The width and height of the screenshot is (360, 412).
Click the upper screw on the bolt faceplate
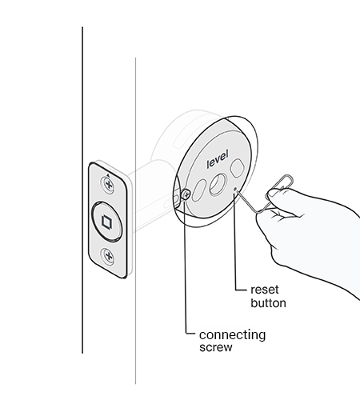point(108,184)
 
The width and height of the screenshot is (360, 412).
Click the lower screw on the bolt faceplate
point(108,256)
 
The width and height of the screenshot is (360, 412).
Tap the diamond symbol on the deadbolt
point(107,222)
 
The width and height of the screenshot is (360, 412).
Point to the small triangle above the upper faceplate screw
point(108,175)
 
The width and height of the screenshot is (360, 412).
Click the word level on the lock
point(218,159)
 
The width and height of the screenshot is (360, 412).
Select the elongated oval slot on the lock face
point(199,190)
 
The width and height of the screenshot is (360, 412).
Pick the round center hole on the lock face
point(218,185)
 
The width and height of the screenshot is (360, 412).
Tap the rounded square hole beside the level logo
point(237,167)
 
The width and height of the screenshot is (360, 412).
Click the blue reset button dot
point(235,189)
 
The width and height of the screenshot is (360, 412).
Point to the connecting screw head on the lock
point(186,195)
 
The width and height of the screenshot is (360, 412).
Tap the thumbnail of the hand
point(274,193)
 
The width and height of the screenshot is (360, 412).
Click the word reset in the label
point(265,290)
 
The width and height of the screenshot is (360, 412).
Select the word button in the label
point(268,303)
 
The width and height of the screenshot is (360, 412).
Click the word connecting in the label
point(232,335)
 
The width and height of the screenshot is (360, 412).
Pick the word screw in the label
point(216,347)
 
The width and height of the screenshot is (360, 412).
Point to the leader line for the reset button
point(235,242)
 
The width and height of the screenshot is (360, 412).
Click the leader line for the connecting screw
point(185,266)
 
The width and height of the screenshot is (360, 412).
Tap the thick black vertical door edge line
point(82,190)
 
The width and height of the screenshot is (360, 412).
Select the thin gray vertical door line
point(135,221)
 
